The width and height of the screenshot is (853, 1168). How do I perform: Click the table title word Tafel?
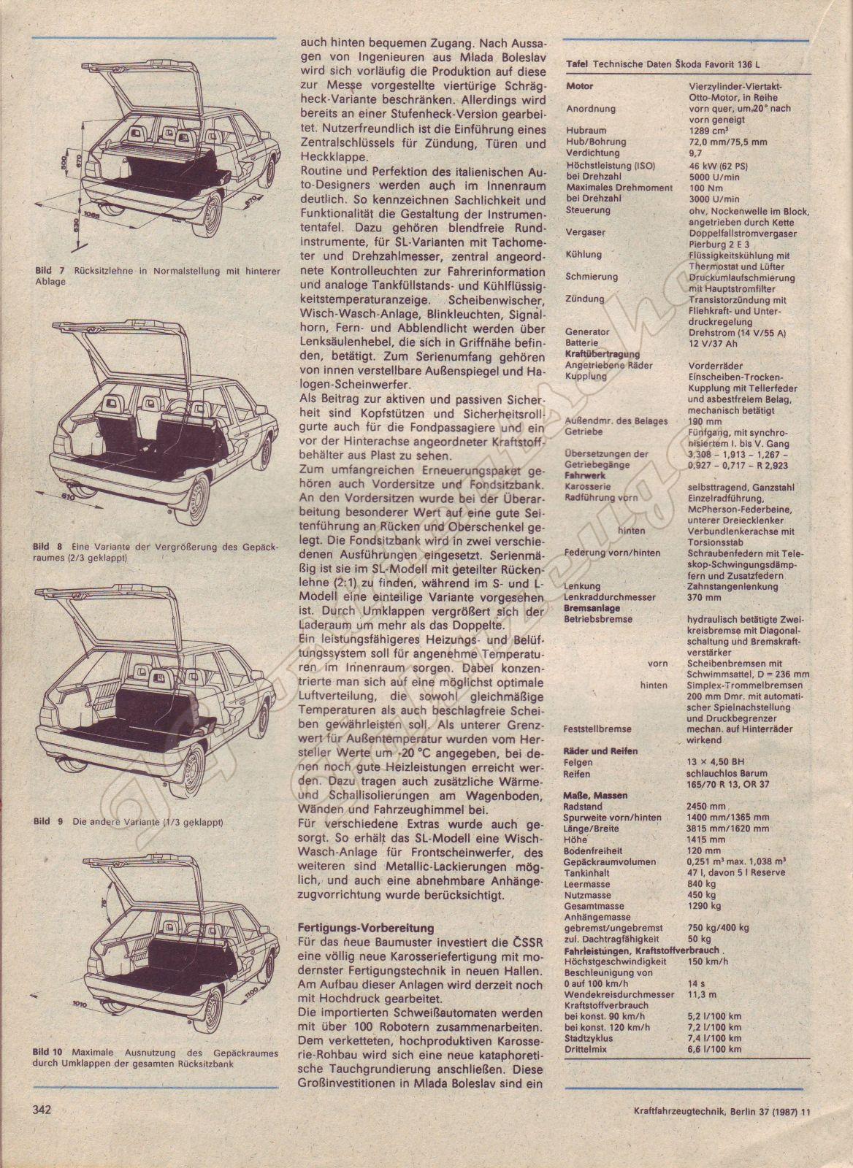click(x=578, y=64)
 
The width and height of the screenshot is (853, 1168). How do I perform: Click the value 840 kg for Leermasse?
click(x=701, y=884)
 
